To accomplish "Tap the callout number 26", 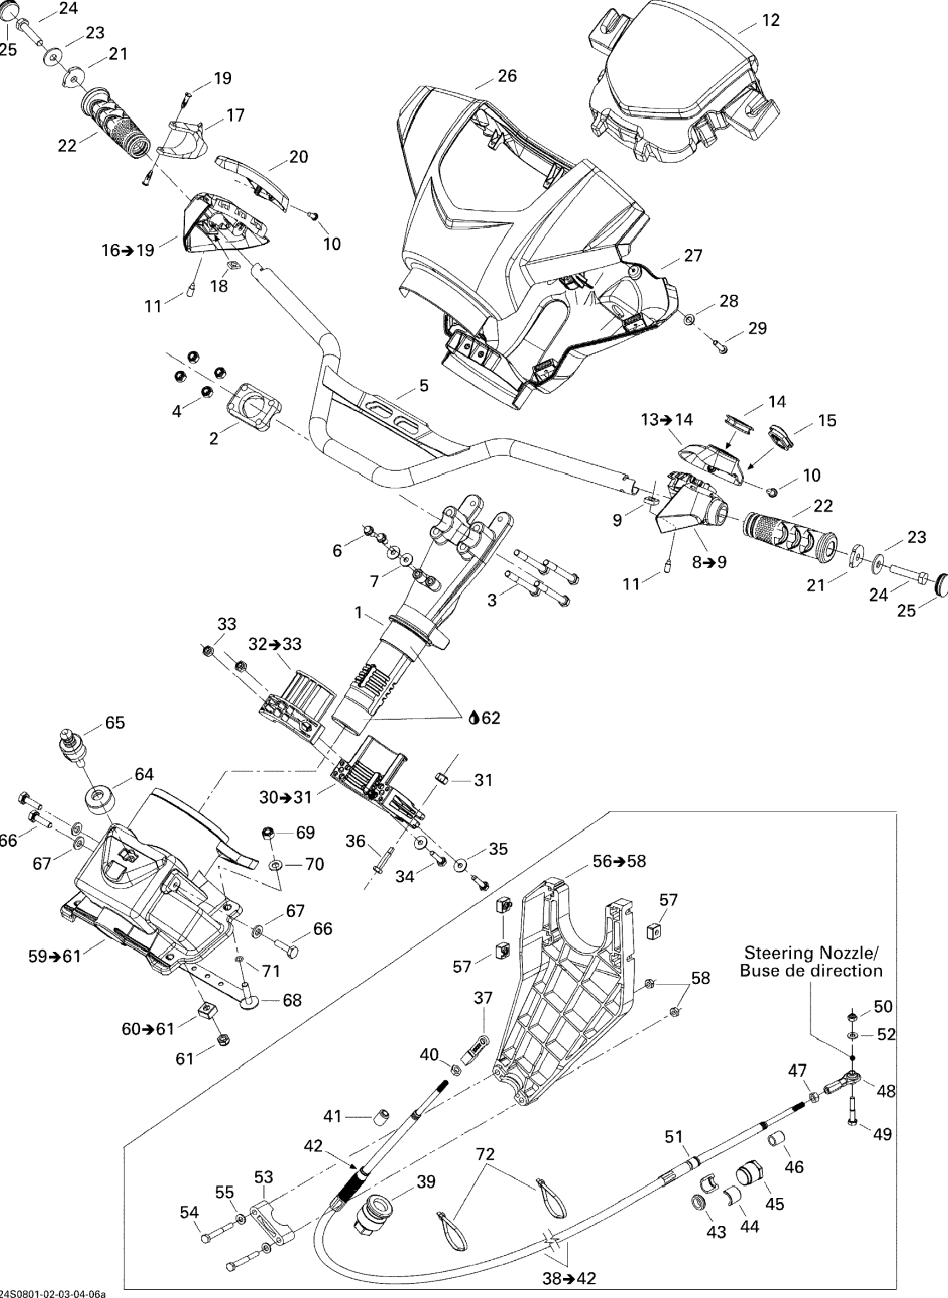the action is coord(507,76).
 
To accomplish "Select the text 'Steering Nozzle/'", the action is coord(811,953).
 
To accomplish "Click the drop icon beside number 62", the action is coord(474,718).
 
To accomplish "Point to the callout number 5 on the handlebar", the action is coord(423,386).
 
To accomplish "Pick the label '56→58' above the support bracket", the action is coord(619,861).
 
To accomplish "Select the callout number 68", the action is coord(292,1000).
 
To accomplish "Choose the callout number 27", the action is coord(693,255).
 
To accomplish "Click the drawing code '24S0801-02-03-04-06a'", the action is coord(53,1293).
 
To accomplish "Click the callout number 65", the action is coord(115,722).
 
